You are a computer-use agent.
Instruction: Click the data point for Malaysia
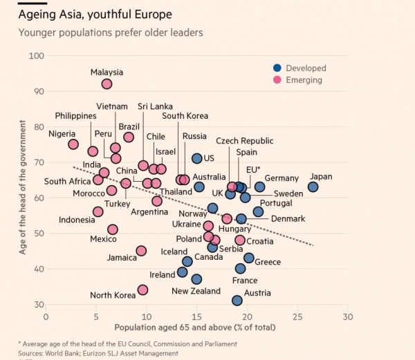pyautogui.click(x=107, y=84)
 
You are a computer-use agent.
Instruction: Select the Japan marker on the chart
pyautogui.click(x=313, y=187)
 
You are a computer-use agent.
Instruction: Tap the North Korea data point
pyautogui.click(x=142, y=290)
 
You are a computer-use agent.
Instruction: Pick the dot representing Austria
pyautogui.click(x=237, y=301)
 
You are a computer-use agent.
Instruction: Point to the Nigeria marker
pyautogui.click(x=73, y=144)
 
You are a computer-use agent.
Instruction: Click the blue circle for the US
pyautogui.click(x=196, y=158)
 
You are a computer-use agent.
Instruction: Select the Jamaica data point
pyautogui.click(x=141, y=251)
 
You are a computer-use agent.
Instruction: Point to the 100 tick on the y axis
pyautogui.click(x=34, y=56)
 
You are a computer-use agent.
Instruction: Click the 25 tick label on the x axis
pyautogui.click(x=297, y=316)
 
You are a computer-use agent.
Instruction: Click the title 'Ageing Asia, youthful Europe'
pyautogui.click(x=95, y=14)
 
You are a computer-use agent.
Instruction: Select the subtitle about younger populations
pyautogui.click(x=111, y=32)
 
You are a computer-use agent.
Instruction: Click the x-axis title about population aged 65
pyautogui.click(x=194, y=327)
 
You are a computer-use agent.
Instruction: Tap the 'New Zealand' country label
pyautogui.click(x=196, y=292)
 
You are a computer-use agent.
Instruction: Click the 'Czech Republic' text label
pyautogui.click(x=244, y=140)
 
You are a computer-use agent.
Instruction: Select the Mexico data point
pyautogui.click(x=113, y=229)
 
